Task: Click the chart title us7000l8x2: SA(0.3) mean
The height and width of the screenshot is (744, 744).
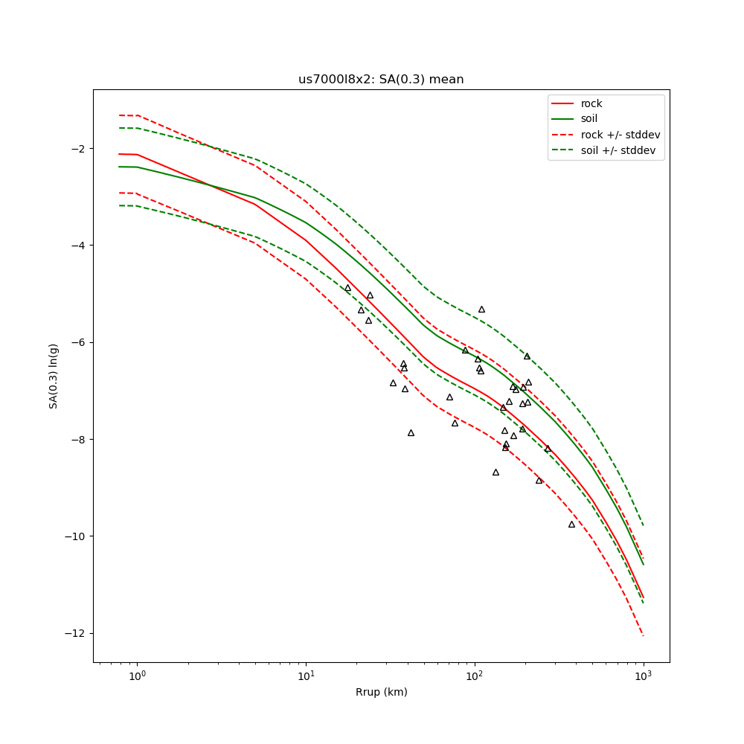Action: (381, 80)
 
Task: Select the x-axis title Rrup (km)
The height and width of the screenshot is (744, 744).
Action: (381, 692)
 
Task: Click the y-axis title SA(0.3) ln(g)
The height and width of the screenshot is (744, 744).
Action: (54, 376)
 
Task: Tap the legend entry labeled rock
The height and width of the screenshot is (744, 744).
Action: (591, 103)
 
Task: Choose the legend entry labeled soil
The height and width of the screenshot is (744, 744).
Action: (589, 118)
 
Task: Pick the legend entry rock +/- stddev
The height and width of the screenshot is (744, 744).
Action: (620, 135)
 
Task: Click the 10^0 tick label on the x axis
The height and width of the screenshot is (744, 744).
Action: (137, 676)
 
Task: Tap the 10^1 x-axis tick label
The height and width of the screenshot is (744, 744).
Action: (306, 676)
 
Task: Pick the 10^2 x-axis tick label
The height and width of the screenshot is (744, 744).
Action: (475, 676)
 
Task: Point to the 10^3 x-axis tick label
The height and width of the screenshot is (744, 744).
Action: (644, 676)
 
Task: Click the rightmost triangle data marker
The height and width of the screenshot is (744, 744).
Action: (571, 525)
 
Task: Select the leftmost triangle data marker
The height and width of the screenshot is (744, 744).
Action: (347, 288)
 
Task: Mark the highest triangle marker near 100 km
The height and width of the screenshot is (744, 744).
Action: (481, 310)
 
